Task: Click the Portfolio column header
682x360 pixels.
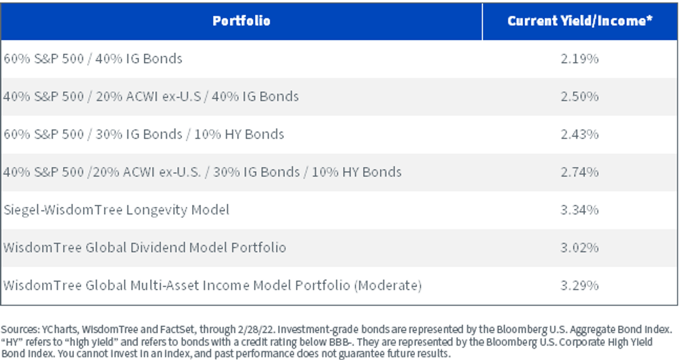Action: (x=242, y=20)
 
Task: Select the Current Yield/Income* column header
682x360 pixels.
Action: (x=580, y=20)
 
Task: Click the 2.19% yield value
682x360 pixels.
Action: (x=580, y=59)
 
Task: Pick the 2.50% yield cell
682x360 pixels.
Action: (x=580, y=96)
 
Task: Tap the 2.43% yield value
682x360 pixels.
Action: (x=580, y=134)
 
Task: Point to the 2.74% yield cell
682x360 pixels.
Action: (x=580, y=172)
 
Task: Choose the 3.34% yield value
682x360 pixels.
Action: (x=580, y=209)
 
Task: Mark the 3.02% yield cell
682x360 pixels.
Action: (x=580, y=247)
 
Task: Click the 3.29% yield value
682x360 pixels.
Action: (x=580, y=285)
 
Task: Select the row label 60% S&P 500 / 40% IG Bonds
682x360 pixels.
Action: (x=93, y=59)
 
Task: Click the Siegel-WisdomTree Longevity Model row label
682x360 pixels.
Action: (x=117, y=210)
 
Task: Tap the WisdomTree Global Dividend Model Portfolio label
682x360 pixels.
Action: (x=144, y=247)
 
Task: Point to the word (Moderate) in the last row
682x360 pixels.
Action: (x=388, y=285)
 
